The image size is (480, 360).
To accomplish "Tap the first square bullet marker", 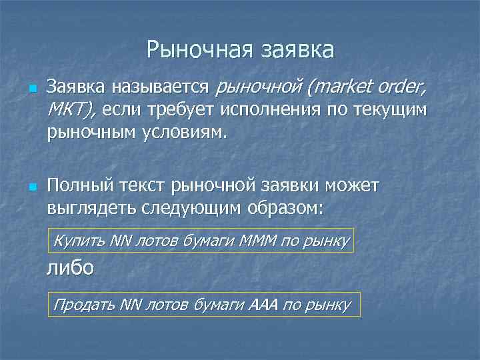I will [x=31, y=88].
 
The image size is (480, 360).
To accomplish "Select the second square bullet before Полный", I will [x=31, y=184].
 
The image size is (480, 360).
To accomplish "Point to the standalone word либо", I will [x=70, y=269].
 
